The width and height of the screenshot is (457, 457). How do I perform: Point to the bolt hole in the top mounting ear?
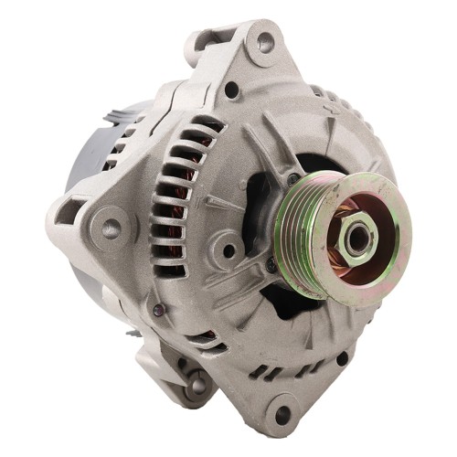pos(265,41)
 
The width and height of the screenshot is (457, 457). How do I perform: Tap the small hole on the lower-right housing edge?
pos(341,359)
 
